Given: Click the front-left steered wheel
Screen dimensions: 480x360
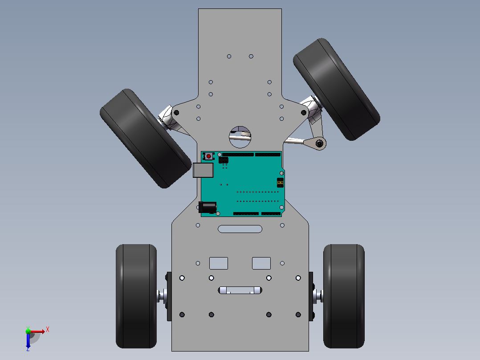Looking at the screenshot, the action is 146,139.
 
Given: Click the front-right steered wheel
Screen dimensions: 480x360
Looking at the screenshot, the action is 337,89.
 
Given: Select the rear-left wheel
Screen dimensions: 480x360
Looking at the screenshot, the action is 136,296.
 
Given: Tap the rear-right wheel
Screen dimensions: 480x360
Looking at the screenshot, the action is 344,296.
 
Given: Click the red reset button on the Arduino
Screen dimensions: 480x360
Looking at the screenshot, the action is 209,156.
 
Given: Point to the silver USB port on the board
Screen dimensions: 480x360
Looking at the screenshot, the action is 203,170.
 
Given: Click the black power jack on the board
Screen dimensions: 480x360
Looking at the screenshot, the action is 207,207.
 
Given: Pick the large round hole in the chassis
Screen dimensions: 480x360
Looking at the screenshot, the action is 240,137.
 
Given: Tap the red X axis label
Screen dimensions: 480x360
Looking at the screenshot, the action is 48,330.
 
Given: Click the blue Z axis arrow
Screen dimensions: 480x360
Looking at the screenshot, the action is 28,340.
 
